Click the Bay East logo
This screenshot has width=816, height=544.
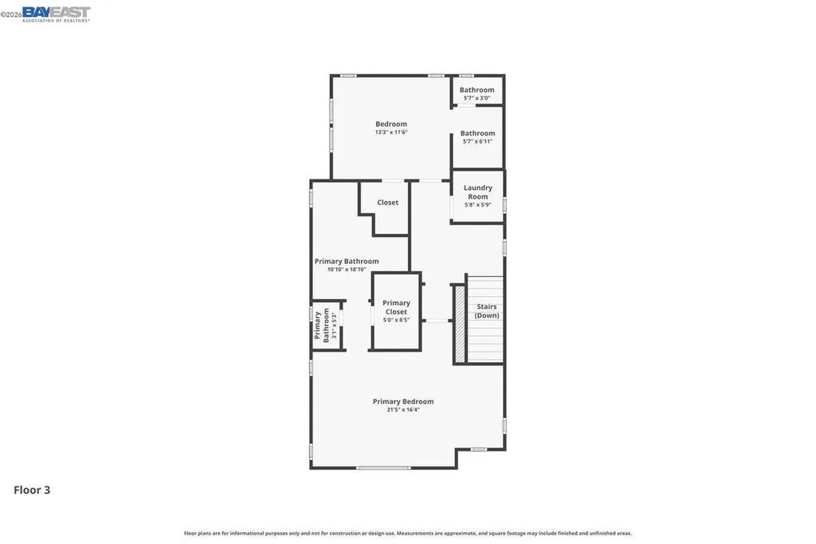pyautogui.click(x=56, y=14)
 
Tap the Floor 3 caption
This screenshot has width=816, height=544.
pyautogui.click(x=32, y=490)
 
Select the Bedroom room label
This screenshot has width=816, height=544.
pyautogui.click(x=391, y=124)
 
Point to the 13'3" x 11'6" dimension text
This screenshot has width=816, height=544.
pyautogui.click(x=391, y=132)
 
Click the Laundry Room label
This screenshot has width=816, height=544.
pyautogui.click(x=478, y=192)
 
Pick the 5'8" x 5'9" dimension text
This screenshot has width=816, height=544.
pyautogui.click(x=478, y=204)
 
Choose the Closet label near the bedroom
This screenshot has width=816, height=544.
pyautogui.click(x=388, y=203)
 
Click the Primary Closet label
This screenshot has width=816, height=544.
pyautogui.click(x=396, y=307)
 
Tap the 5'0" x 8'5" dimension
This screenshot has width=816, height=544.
pyautogui.click(x=396, y=320)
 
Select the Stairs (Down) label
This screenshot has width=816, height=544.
pyautogui.click(x=487, y=310)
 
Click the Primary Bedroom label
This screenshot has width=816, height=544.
pyautogui.click(x=403, y=401)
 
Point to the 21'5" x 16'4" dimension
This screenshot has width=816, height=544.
pyautogui.click(x=403, y=410)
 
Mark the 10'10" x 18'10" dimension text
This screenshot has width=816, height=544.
pyautogui.click(x=347, y=270)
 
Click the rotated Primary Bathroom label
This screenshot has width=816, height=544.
pyautogui.click(x=321, y=325)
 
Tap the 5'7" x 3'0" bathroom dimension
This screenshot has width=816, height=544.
pyautogui.click(x=477, y=98)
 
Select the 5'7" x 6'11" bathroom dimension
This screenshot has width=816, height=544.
pyautogui.click(x=477, y=141)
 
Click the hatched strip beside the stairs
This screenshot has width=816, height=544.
pyautogui.click(x=459, y=323)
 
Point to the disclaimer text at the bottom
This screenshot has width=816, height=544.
pyautogui.click(x=408, y=533)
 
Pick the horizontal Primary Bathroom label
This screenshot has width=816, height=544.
pyautogui.click(x=347, y=261)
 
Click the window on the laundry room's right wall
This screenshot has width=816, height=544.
pyautogui.click(x=504, y=205)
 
